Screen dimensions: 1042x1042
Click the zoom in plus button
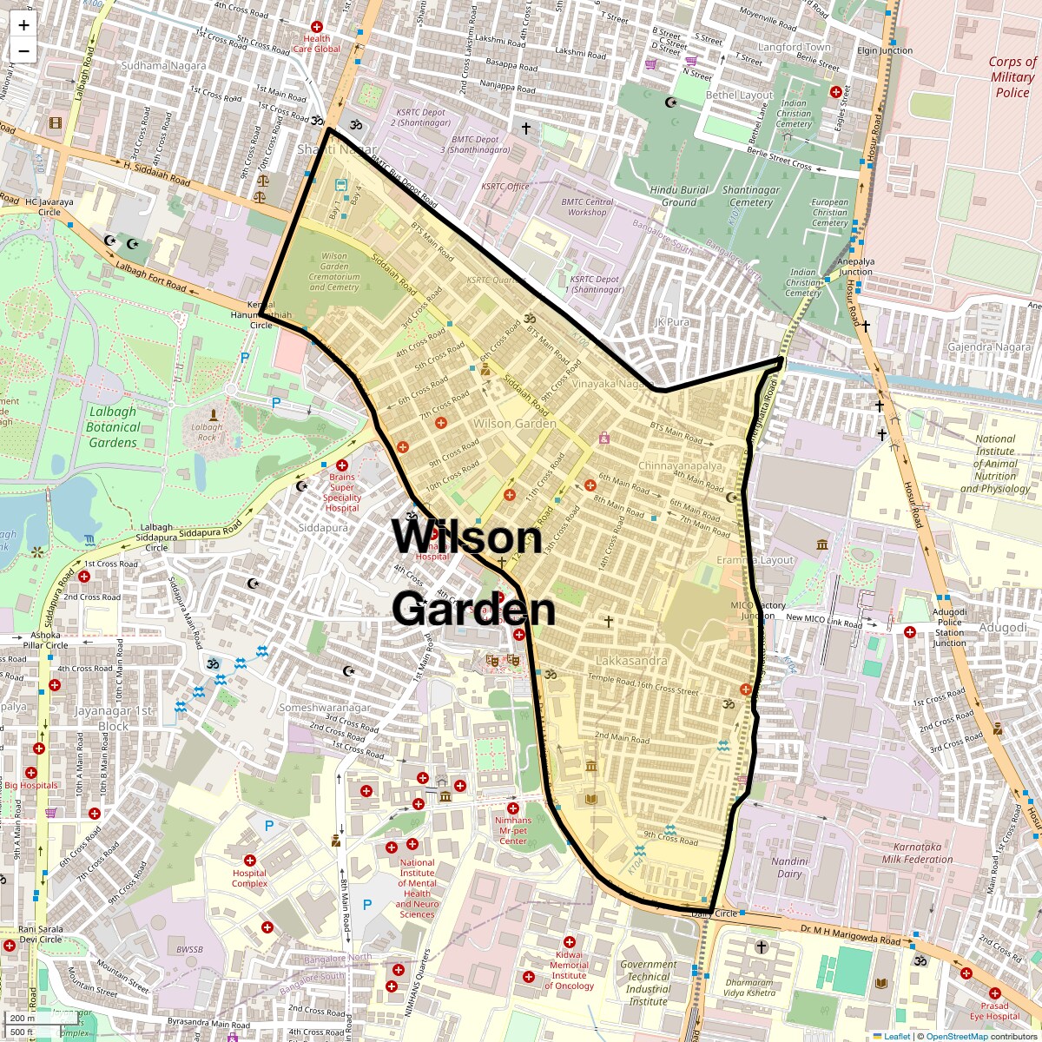coord(23,25)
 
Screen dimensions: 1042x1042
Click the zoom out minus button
coord(23,51)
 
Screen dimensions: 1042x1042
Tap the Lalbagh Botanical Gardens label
coord(113,426)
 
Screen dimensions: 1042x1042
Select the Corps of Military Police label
coord(1012,77)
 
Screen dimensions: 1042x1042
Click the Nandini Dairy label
coord(789,867)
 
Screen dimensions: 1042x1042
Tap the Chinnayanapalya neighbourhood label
coord(680,466)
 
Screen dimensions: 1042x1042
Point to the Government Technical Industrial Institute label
coord(649,982)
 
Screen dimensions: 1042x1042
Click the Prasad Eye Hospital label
coord(995,1011)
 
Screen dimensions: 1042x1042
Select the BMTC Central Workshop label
coord(587,207)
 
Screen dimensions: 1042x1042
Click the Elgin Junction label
coord(884,50)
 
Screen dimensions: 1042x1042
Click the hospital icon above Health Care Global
coord(317,27)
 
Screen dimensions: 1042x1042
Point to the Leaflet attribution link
coord(896,1036)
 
